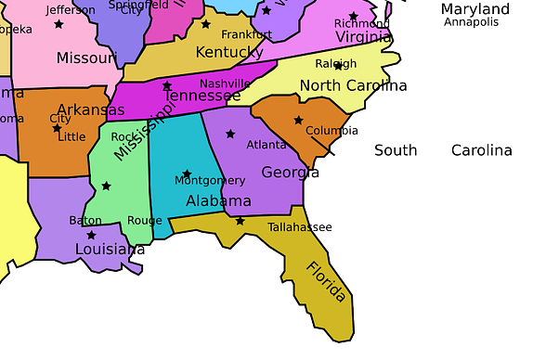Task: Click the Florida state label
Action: click(326, 281)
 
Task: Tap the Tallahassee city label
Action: click(300, 227)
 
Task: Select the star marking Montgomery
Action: click(187, 174)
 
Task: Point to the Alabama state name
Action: click(218, 201)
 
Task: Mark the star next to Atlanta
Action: click(230, 134)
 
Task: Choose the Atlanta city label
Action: click(266, 145)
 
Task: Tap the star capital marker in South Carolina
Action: click(298, 120)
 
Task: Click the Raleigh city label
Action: click(336, 64)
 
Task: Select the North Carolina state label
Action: click(353, 86)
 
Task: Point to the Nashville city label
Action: click(225, 83)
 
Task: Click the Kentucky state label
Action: click(229, 52)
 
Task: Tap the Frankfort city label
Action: click(247, 34)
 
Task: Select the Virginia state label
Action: click(363, 37)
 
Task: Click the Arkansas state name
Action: click(90, 109)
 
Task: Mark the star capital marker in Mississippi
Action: click(106, 186)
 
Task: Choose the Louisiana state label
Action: click(107, 250)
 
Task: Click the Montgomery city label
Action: click(210, 180)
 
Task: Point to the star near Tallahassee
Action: click(240, 221)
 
